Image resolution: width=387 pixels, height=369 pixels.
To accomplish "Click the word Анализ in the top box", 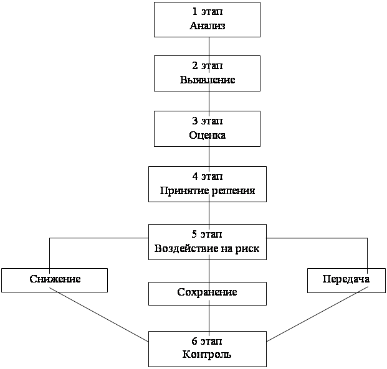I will (x=207, y=26).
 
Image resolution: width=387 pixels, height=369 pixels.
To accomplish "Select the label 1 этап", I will (x=207, y=12).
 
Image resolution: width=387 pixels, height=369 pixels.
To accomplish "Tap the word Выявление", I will (x=207, y=80).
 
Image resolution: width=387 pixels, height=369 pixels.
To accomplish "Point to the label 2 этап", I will (x=207, y=66).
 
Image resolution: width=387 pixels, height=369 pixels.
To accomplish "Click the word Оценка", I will (x=207, y=135).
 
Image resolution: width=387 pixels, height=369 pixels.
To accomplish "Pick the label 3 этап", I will (x=207, y=121).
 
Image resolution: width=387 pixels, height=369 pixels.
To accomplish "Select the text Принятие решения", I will (x=207, y=190).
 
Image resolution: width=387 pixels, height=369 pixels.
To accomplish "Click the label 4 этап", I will (x=207, y=176).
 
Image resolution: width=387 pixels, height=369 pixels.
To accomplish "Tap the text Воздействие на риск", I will (x=207, y=248).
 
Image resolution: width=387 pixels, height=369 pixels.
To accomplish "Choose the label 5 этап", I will (x=207, y=234).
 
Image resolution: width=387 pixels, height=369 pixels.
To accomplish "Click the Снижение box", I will (x=54, y=280).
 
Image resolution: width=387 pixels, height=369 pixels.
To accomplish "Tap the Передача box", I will (x=346, y=280).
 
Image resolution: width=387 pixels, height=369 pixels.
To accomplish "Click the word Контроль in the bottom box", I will (x=207, y=355).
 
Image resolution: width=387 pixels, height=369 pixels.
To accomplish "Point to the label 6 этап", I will (x=207, y=342).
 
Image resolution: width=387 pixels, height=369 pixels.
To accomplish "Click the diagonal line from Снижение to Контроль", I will (x=100, y=317).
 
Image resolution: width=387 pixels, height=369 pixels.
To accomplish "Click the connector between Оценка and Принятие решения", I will (x=208, y=156).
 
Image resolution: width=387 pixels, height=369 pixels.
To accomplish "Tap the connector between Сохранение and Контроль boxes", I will (x=208, y=318).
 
